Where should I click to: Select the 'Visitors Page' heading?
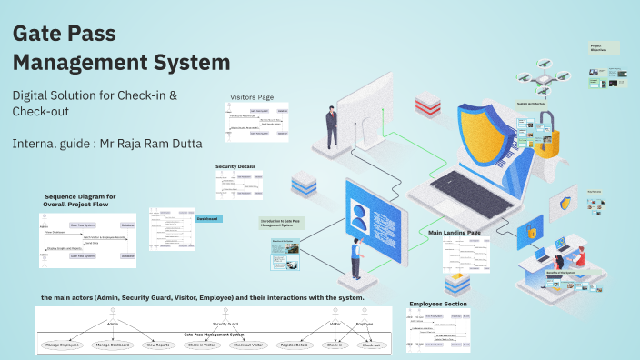click(252, 97)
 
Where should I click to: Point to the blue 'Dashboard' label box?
click(209, 219)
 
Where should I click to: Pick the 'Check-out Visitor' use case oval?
click(246, 345)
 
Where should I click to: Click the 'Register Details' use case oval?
click(295, 345)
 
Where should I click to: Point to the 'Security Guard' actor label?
click(225, 323)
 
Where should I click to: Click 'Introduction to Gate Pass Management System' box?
click(281, 222)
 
